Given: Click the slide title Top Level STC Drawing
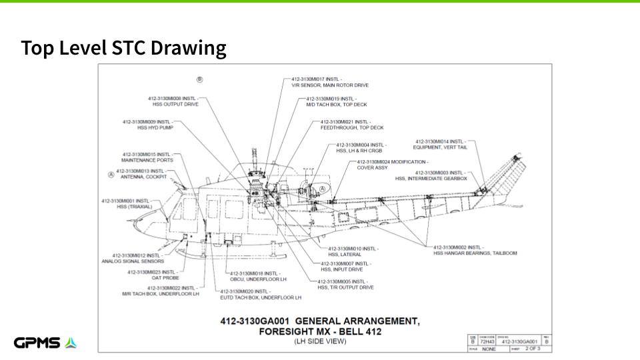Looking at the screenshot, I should [x=123, y=48].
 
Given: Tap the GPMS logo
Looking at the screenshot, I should [x=45, y=343].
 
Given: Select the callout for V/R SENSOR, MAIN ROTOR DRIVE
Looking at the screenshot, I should [x=329, y=82].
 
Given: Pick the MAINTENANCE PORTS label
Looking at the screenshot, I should [x=147, y=157].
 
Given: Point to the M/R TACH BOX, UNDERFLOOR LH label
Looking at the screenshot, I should [x=161, y=291].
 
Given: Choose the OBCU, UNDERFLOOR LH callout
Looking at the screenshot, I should [x=256, y=276].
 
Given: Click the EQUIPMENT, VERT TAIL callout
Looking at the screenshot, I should [x=441, y=145].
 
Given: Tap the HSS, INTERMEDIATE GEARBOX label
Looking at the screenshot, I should [x=431, y=175].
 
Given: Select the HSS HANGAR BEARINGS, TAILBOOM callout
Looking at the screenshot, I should [x=466, y=250].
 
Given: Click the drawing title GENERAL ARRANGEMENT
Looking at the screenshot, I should [x=320, y=321].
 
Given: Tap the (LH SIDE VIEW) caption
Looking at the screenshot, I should [x=320, y=342].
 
